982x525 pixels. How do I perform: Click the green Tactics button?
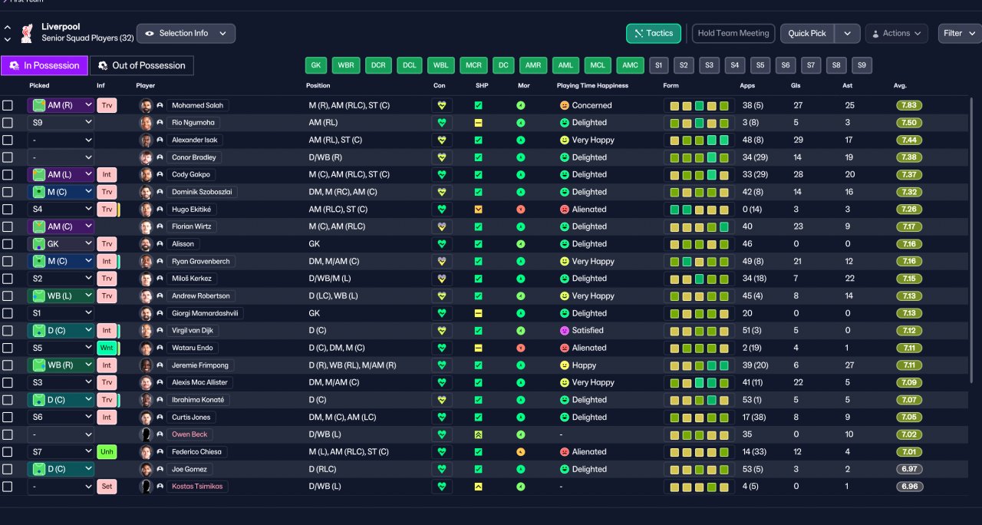[x=653, y=33]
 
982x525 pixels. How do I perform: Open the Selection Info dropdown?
[x=186, y=33]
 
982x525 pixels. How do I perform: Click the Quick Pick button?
[x=806, y=33]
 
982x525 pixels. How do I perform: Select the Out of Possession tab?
[x=142, y=65]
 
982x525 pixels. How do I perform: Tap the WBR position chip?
[x=346, y=65]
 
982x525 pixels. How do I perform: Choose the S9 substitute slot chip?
[x=862, y=65]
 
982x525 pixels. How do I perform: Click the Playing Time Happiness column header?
[x=592, y=85]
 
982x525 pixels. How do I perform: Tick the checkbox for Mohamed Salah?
[x=8, y=105]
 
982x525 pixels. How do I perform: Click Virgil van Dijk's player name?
[x=193, y=330]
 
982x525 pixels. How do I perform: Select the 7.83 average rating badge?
[x=909, y=105]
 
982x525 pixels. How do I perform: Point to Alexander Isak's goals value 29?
[x=798, y=140]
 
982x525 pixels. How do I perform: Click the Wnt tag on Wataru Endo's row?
[x=107, y=348]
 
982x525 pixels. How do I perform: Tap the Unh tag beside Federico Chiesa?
[x=107, y=452]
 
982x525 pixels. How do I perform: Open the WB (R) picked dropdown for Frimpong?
[x=61, y=365]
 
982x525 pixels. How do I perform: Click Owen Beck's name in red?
[x=189, y=434]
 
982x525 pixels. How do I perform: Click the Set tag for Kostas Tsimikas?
[x=107, y=487]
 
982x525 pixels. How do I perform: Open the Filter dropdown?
[x=959, y=33]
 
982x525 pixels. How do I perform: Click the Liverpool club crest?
[x=27, y=33]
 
